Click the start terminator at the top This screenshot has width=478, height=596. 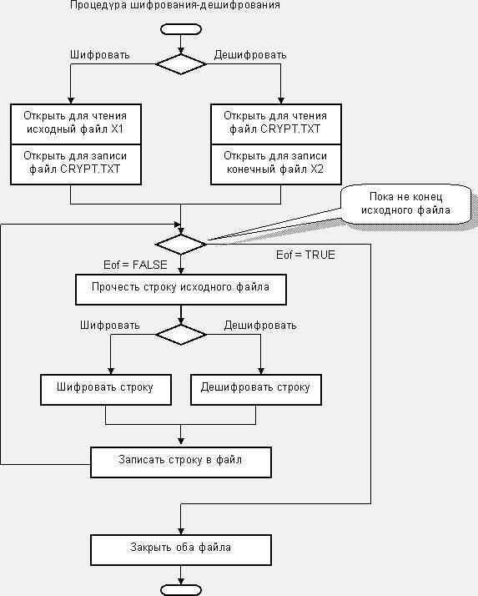click(x=181, y=29)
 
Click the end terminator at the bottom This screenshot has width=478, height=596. click(x=181, y=590)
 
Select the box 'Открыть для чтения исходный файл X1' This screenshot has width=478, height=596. click(x=76, y=124)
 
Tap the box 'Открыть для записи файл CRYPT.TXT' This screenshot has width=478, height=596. click(x=76, y=164)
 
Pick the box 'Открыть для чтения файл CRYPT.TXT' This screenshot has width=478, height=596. click(x=276, y=124)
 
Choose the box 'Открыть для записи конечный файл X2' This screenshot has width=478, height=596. click(x=276, y=164)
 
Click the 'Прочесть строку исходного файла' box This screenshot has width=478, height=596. click(x=181, y=290)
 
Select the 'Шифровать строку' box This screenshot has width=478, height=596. click(x=106, y=390)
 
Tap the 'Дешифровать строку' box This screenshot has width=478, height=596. click(x=256, y=390)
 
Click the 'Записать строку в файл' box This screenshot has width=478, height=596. click(x=181, y=462)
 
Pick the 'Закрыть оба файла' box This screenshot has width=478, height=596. click(x=181, y=550)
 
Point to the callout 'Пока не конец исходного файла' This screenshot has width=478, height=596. click(x=405, y=204)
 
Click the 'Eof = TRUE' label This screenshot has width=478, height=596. click(x=305, y=255)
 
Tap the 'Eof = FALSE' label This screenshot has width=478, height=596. click(x=135, y=265)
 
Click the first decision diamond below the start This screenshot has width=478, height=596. click(x=181, y=63)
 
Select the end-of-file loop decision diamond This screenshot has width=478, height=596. click(x=181, y=244)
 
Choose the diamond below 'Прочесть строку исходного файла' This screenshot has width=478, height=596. click(x=181, y=335)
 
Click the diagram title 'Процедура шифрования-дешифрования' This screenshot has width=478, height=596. click(x=175, y=5)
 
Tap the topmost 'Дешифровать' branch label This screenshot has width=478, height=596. click(x=250, y=55)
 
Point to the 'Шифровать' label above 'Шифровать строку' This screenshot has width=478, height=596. click(x=110, y=326)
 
